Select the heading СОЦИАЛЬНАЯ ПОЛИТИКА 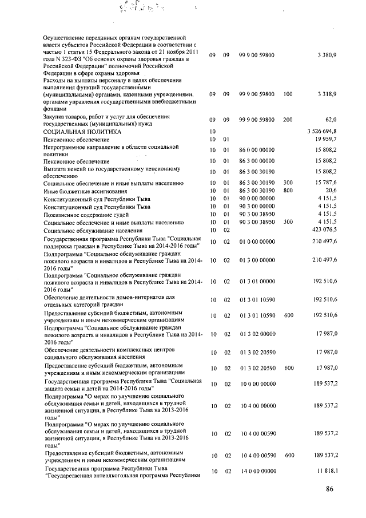pos(82,132)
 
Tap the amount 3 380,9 pos(327,55)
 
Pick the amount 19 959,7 pos(325,139)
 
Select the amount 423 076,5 pos(323,230)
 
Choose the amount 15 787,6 pos(325,183)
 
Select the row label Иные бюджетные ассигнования pos(85,190)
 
